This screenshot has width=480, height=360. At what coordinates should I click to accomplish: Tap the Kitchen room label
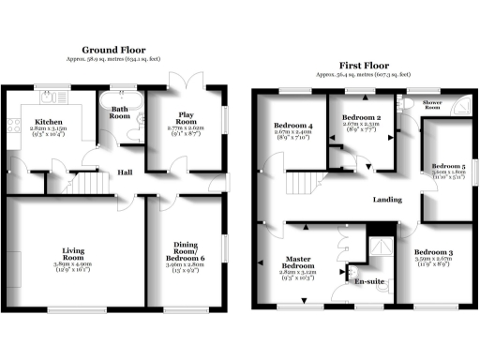pyautogui.click(x=49, y=123)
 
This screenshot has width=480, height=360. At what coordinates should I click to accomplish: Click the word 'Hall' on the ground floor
pyautogui.click(x=124, y=172)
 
